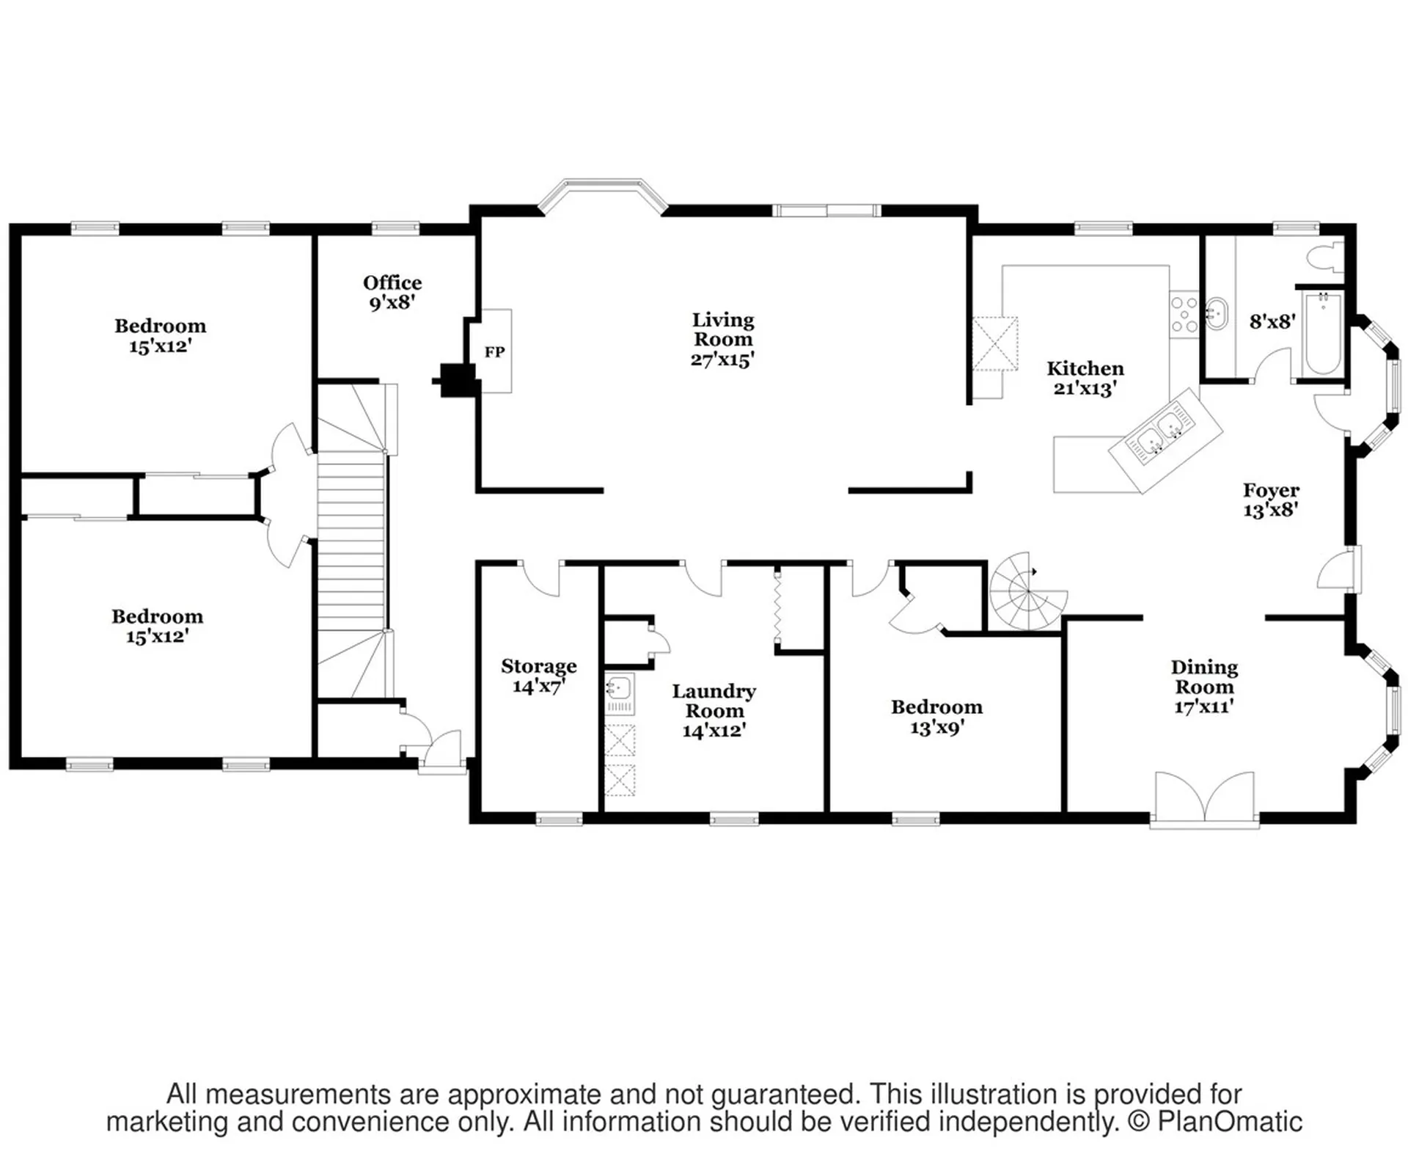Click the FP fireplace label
[x=494, y=352]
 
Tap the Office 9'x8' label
[x=392, y=293]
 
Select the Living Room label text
[x=723, y=340]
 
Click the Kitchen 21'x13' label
[x=1085, y=378]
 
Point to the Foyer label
[x=1271, y=500]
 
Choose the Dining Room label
[x=1204, y=687]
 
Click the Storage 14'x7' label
[x=539, y=676]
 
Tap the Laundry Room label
[x=714, y=711]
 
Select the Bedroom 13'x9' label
[x=937, y=717]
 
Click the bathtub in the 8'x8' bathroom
[x=1322, y=335]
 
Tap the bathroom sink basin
[x=1216, y=314]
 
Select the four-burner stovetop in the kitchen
[x=1184, y=314]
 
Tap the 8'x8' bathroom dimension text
[x=1272, y=321]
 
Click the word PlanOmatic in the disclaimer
[x=1230, y=1121]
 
